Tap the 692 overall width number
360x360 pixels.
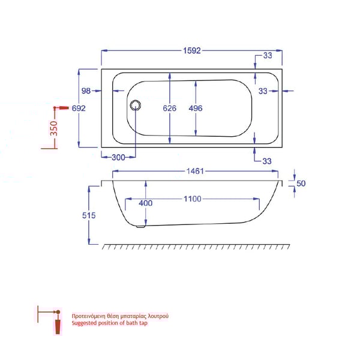(x=79, y=109)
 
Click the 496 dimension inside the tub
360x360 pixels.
(x=196, y=109)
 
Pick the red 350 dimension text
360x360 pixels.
(x=54, y=128)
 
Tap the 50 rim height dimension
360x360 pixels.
(x=301, y=184)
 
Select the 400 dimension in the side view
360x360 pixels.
(x=145, y=203)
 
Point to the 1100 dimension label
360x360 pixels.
(x=193, y=199)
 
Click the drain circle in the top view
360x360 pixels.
(x=134, y=106)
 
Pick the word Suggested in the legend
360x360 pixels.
(x=83, y=323)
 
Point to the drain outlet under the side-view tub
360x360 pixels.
(x=141, y=226)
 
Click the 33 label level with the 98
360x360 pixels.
(x=263, y=91)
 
